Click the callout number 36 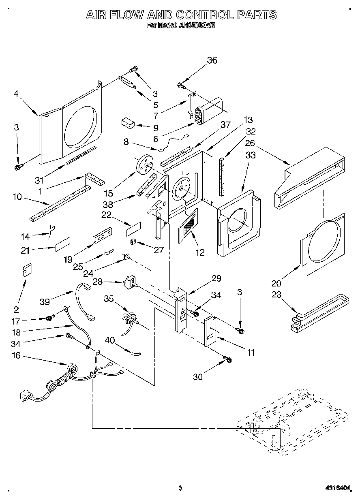tap(212, 60)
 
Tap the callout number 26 tap(250, 143)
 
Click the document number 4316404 tap(337, 489)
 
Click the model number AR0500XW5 tap(196, 25)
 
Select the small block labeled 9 tap(129, 123)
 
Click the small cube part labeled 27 tap(132, 242)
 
